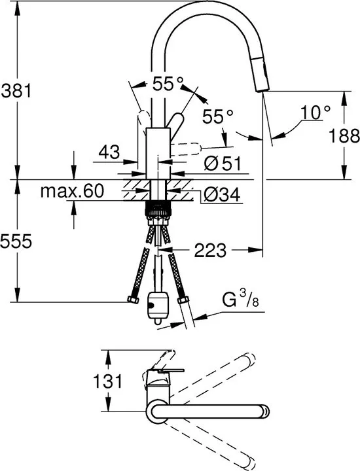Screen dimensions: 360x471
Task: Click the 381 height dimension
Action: tap(16, 90)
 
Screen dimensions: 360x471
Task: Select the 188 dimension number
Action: tap(344, 135)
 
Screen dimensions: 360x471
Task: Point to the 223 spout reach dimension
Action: tap(209, 250)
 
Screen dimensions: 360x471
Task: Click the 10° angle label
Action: tap(315, 113)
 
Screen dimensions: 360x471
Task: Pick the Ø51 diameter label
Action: tap(223, 164)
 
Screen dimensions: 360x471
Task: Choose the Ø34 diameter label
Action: tap(222, 194)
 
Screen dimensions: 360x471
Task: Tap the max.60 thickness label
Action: tap(73, 190)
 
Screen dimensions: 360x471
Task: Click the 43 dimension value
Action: tap(109, 152)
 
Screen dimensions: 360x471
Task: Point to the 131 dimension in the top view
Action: tap(107, 381)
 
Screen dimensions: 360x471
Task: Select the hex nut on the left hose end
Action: tap(133, 300)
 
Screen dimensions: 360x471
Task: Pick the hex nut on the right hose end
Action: tap(183, 300)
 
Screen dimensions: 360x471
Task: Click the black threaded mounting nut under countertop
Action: tap(158, 208)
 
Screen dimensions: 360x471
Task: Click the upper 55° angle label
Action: tap(168, 84)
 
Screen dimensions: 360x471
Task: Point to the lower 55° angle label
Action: tap(217, 116)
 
